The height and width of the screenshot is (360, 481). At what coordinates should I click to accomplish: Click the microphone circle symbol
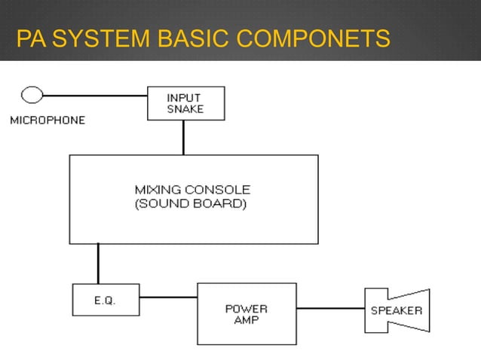tap(32, 95)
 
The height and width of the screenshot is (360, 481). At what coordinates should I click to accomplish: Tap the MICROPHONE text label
tap(47, 120)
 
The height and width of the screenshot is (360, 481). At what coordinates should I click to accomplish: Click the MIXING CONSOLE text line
tap(192, 189)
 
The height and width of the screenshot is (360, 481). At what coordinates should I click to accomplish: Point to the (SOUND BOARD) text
tap(190, 203)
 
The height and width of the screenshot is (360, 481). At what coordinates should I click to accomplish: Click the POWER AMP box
tap(246, 313)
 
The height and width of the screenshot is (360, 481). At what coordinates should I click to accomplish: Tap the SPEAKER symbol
tap(397, 310)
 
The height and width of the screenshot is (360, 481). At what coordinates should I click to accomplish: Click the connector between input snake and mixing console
tap(183, 138)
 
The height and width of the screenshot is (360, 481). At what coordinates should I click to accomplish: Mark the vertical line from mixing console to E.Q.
tap(97, 264)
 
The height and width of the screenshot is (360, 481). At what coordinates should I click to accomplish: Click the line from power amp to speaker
tap(330, 308)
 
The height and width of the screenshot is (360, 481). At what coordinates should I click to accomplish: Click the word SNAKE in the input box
tap(185, 109)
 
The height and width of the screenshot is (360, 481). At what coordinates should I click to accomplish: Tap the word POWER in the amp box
tap(247, 308)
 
